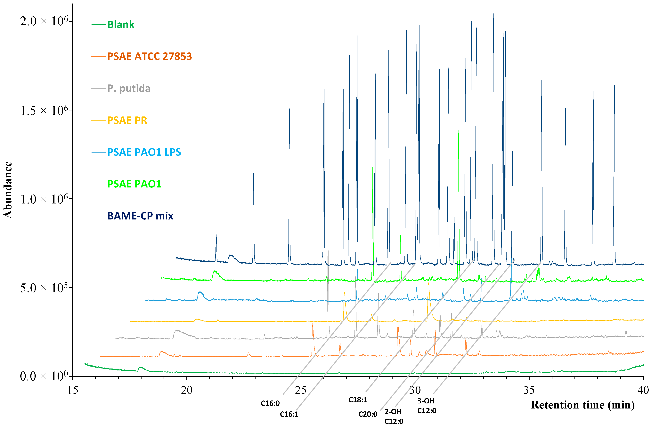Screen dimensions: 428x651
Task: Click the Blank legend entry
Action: tap(120, 25)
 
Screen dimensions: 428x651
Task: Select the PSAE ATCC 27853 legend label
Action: tap(149, 56)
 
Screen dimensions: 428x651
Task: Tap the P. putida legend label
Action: tap(129, 88)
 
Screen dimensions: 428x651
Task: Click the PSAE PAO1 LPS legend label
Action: tap(144, 152)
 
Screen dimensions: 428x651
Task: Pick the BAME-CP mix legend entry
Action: tap(140, 216)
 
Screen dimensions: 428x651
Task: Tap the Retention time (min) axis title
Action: tap(583, 405)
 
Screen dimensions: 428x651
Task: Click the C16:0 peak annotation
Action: tap(270, 403)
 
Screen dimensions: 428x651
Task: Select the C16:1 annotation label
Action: tap(289, 414)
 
